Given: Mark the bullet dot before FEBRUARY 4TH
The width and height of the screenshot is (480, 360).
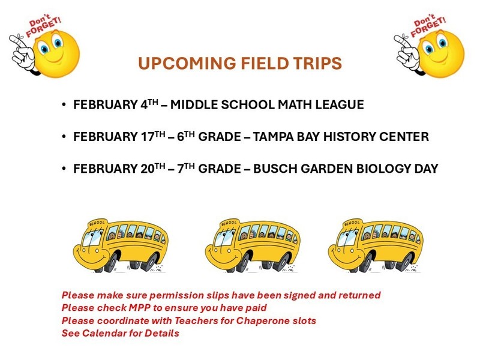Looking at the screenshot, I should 64,105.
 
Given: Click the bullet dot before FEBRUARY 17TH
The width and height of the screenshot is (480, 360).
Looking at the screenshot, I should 64,137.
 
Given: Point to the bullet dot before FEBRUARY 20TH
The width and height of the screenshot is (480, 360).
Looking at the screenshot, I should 64,169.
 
